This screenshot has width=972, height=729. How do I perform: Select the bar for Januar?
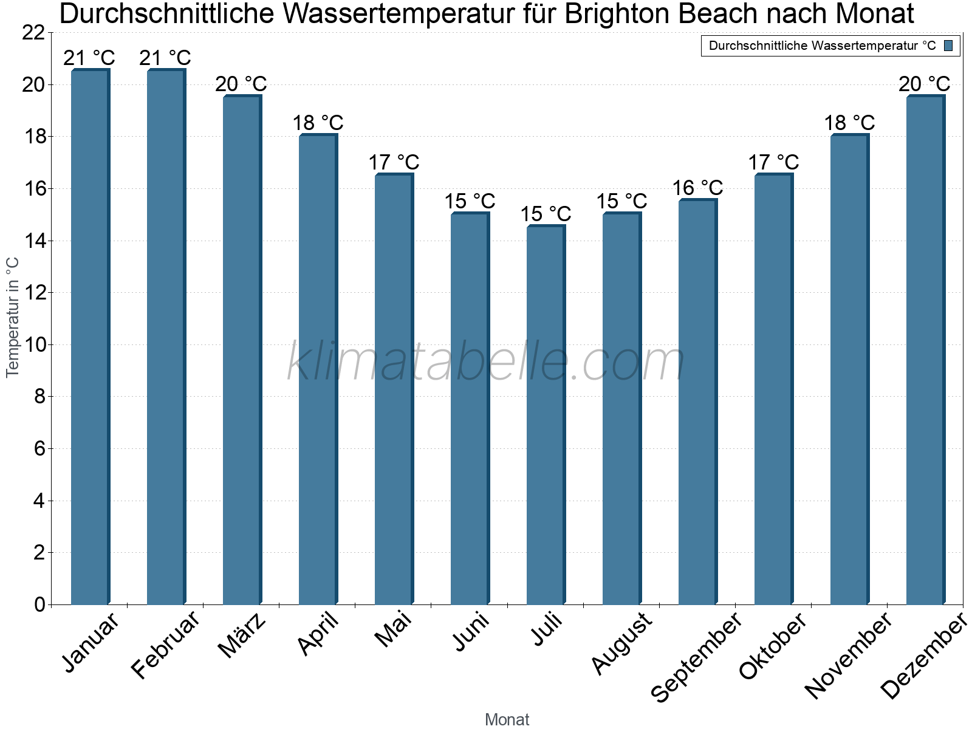click(x=90, y=337)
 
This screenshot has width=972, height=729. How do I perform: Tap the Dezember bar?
click(x=925, y=350)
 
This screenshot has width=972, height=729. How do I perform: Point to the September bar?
click(x=697, y=402)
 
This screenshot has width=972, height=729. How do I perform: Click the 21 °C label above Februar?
click(x=165, y=58)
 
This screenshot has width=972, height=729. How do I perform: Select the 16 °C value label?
click(x=697, y=188)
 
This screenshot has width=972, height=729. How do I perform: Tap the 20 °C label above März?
click(x=241, y=84)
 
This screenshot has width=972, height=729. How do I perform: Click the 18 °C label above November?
click(x=849, y=123)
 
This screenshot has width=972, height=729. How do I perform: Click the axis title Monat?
click(x=507, y=720)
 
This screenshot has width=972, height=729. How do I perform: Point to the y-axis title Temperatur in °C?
click(x=12, y=317)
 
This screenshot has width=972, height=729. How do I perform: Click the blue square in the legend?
click(x=948, y=46)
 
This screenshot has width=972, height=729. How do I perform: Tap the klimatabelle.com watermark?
click(x=486, y=361)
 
